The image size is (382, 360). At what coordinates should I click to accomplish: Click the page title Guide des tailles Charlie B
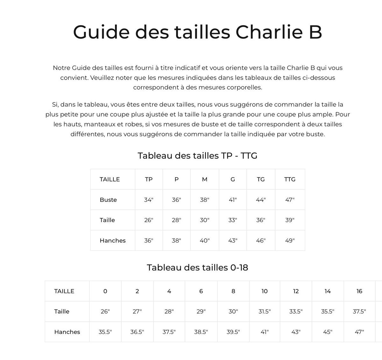tap(197, 32)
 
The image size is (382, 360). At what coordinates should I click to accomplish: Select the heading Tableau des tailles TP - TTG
tap(197, 156)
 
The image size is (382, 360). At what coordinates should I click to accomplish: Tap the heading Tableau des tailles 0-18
tap(197, 267)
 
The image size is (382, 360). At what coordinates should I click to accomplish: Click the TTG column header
tap(290, 179)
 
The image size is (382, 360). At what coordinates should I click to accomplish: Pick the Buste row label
tap(108, 200)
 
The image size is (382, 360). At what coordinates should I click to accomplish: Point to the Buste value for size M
tap(204, 200)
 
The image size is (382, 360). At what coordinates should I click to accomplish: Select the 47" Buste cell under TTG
tap(290, 200)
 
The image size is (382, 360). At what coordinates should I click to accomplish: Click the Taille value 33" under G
tap(233, 220)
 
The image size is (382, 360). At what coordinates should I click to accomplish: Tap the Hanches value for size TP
tap(149, 241)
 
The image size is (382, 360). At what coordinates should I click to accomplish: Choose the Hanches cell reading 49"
tap(290, 241)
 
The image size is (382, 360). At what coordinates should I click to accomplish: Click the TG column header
tap(261, 179)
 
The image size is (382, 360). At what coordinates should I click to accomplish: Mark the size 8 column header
tap(233, 291)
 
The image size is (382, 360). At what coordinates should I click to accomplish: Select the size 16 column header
tap(359, 291)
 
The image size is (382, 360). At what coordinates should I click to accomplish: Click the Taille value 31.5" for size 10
tap(265, 312)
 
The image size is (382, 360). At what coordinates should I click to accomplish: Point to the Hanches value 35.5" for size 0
tap(105, 332)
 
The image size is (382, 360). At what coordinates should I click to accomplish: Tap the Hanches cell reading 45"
tap(328, 332)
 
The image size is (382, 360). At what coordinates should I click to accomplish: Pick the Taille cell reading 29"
tap(201, 312)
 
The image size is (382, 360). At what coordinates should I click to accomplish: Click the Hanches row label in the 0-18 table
tap(67, 332)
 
